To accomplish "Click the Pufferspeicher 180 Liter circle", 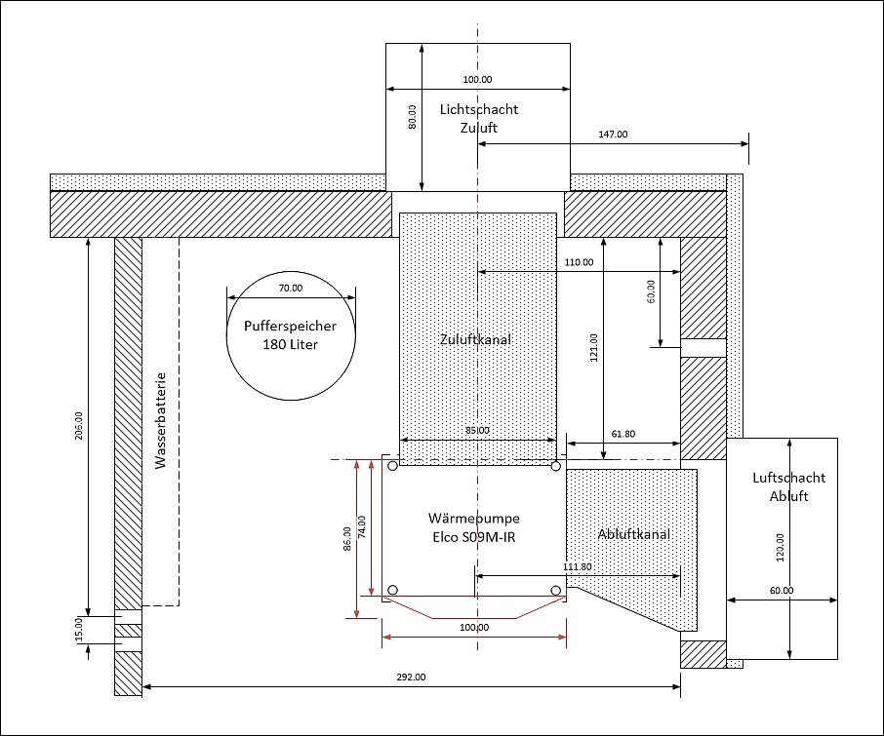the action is click(226, 338).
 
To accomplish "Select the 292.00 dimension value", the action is click(411, 677).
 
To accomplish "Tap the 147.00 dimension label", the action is click(613, 134).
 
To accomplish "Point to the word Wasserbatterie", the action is click(161, 420).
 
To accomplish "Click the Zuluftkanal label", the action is click(475, 339).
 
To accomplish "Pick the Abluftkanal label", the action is click(633, 534).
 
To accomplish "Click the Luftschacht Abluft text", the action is click(788, 486).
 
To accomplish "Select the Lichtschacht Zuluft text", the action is click(479, 118).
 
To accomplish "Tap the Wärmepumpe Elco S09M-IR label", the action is click(473, 527).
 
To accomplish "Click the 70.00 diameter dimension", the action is click(291, 288).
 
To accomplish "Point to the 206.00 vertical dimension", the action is click(78, 426).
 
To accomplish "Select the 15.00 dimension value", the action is click(78, 629).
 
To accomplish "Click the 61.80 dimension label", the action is click(623, 434).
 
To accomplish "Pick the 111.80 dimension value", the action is click(578, 566).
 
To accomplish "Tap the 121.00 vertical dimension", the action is click(593, 347).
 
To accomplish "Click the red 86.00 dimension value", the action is click(347, 539).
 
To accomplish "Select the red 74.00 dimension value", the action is click(362, 527).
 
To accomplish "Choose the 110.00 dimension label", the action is click(579, 262).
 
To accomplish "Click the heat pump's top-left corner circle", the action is click(393, 466).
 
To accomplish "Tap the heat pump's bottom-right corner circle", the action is click(556, 590).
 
